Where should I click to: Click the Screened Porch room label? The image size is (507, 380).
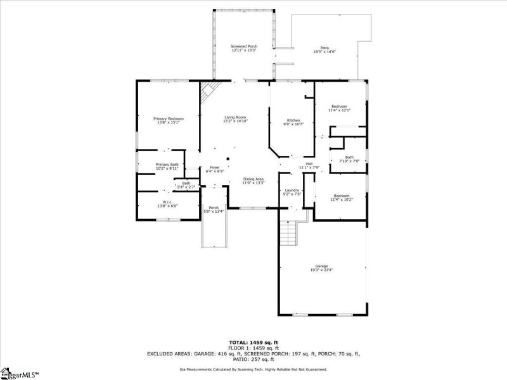coord(243,47)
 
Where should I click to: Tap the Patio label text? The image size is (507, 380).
coord(324,47)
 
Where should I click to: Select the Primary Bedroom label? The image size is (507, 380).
coord(168,118)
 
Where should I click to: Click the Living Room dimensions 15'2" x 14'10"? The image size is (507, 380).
coord(234,121)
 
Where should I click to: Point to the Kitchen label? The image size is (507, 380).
coord(293,120)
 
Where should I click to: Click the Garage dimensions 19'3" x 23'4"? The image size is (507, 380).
coord(322,270)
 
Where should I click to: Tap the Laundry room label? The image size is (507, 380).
coord(292,191)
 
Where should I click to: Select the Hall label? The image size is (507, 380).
coord(309,163)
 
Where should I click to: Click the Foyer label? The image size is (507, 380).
coord(215,168)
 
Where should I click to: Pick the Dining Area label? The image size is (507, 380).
coord(253,179)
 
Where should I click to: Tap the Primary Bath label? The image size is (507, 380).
coord(167,165)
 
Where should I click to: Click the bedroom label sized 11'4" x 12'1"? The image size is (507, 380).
coord(339,106)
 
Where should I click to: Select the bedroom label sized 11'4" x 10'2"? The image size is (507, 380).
coord(340,196)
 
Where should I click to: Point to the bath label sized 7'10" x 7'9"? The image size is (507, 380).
coord(349,157)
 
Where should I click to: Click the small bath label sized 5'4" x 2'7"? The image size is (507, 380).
coord(186,183)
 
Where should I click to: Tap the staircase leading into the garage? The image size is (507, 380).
coord(289,236)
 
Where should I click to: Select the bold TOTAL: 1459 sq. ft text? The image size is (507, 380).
coord(254,343)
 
